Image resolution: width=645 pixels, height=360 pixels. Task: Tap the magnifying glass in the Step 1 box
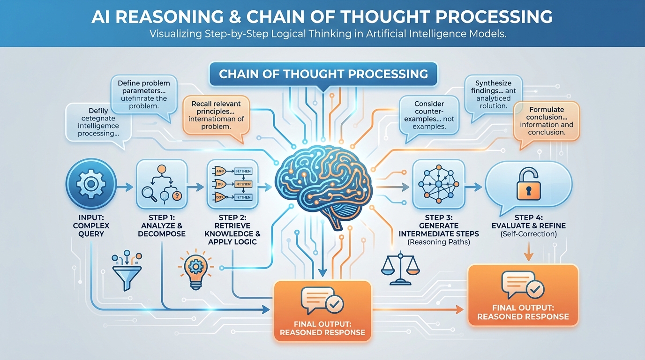(149, 192)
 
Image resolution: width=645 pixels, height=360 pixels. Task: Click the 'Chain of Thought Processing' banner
(323, 74)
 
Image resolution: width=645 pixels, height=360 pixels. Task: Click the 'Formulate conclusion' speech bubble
(546, 121)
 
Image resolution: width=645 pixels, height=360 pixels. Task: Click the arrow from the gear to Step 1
(125, 187)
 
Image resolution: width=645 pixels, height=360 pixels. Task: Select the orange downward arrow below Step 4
(528, 254)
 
